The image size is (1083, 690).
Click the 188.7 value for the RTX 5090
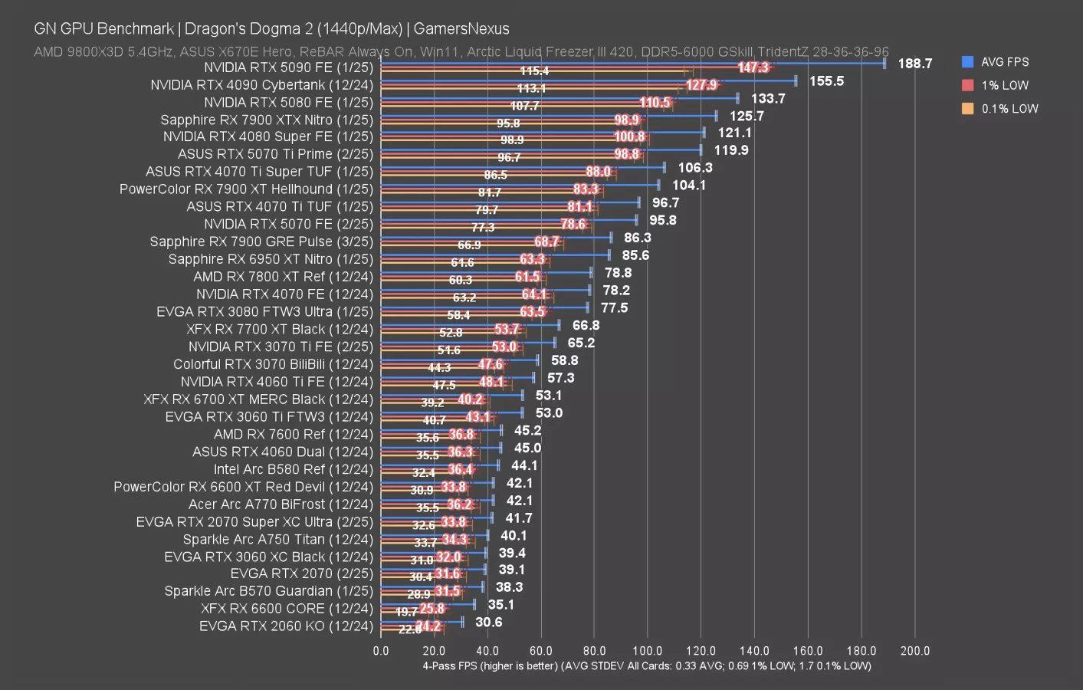(x=914, y=64)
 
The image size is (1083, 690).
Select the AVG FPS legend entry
(x=1004, y=62)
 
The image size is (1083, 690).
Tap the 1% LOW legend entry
(x=1004, y=85)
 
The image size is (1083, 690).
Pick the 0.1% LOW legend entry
(x=1009, y=109)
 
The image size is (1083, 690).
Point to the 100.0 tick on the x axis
(x=648, y=651)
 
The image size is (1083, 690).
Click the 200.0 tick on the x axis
(x=914, y=651)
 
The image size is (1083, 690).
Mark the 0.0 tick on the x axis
(x=381, y=651)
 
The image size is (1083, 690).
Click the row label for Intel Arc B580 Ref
(x=293, y=469)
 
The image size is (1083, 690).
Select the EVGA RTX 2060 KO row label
(x=286, y=626)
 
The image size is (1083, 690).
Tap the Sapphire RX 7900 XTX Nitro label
(x=267, y=120)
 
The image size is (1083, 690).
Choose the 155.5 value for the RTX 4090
(x=826, y=81)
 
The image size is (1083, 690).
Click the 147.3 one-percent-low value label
(x=753, y=67)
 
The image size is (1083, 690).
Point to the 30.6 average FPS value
(x=488, y=622)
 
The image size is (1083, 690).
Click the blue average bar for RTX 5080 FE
(x=560, y=97)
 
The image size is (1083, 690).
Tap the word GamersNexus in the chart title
(x=461, y=29)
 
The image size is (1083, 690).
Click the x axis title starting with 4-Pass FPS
(x=646, y=665)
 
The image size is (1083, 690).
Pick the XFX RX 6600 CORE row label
(x=287, y=609)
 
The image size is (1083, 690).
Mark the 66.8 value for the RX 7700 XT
(x=586, y=326)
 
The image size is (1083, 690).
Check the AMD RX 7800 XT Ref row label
(x=283, y=277)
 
